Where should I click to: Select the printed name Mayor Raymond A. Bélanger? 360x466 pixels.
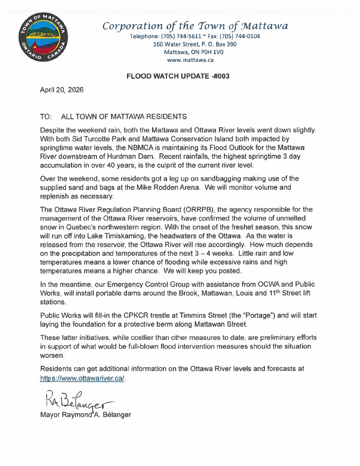click(86, 415)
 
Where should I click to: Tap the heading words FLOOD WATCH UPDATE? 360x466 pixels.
click(166, 76)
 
